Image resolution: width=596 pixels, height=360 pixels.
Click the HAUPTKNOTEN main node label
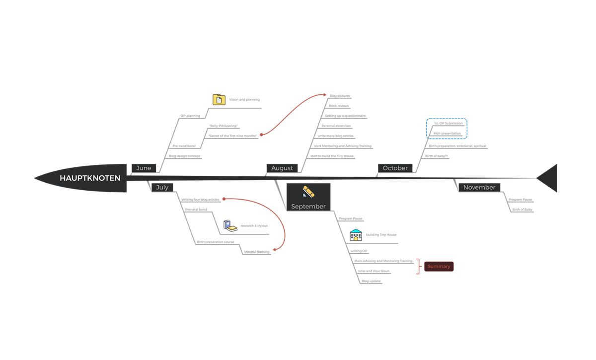pyautogui.click(x=90, y=178)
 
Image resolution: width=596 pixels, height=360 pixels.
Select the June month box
pyautogui.click(x=144, y=168)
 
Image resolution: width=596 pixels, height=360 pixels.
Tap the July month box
pyautogui.click(x=162, y=187)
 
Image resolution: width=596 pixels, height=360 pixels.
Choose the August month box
pyautogui.click(x=282, y=168)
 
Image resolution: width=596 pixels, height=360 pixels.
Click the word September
pyautogui.click(x=308, y=206)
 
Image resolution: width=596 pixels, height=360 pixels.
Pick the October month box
pyautogui.click(x=395, y=168)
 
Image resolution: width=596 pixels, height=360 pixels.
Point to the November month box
pyautogui.click(x=479, y=187)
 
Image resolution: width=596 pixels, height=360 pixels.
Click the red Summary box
pyautogui.click(x=439, y=267)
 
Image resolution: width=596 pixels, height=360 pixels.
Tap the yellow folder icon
pyautogui.click(x=219, y=100)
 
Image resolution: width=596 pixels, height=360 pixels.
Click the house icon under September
pyautogui.click(x=356, y=235)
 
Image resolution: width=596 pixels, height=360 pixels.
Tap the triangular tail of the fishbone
pyautogui.click(x=548, y=178)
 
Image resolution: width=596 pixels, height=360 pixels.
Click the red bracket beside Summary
pyautogui.click(x=419, y=266)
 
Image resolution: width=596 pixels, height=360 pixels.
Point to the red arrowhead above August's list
pyautogui.click(x=324, y=95)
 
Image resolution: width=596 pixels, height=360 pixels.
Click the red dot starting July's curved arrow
pyautogui.click(x=224, y=199)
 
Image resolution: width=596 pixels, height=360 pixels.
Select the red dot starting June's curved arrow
pyautogui.click(x=261, y=134)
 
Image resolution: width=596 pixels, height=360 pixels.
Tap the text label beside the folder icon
pyautogui.click(x=244, y=100)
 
